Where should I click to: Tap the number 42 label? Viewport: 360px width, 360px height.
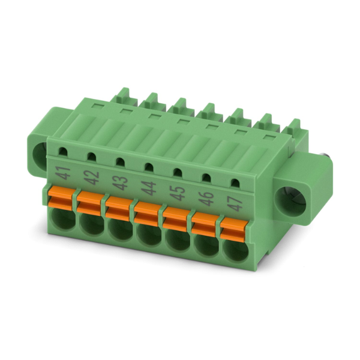[x=92, y=178]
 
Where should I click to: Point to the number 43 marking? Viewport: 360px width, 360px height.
[x=121, y=183]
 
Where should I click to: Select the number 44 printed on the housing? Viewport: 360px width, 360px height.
[x=149, y=188]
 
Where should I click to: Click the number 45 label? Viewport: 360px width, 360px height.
[x=178, y=193]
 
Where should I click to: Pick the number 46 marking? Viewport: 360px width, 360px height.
[x=206, y=198]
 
